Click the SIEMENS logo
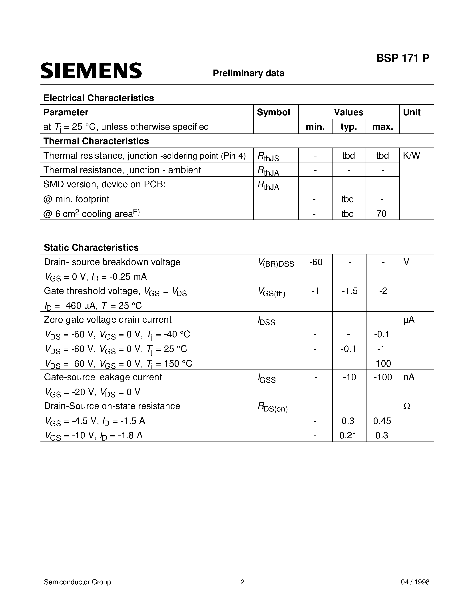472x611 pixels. [x=91, y=70]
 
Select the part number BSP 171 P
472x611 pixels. [x=403, y=58]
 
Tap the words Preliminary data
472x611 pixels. [x=248, y=73]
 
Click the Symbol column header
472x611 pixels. [x=273, y=112]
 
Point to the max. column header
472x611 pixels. [x=382, y=127]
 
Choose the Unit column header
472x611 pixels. [x=412, y=112]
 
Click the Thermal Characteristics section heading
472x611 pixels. [x=96, y=141]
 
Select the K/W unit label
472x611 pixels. [x=411, y=156]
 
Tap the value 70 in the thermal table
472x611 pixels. [x=381, y=214]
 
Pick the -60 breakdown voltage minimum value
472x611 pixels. [x=316, y=262]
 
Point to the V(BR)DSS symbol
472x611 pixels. [x=276, y=263]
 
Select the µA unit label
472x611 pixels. [x=409, y=320]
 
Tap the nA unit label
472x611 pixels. [x=409, y=377]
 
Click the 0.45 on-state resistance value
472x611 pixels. [x=382, y=421]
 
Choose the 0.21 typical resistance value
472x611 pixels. [x=348, y=435]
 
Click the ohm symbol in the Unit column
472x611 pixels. [x=407, y=406]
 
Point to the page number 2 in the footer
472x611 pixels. [x=242, y=582]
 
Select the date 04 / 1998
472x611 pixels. [x=415, y=582]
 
